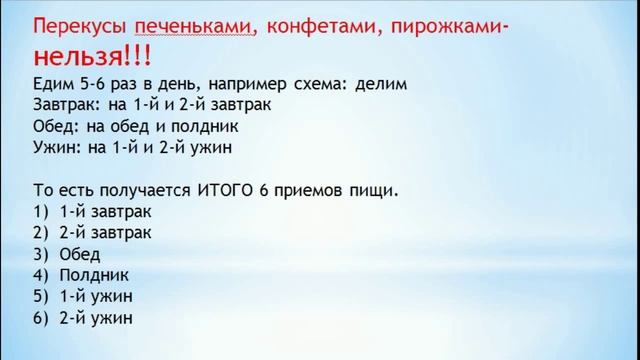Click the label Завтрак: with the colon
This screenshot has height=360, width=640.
tap(67, 105)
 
